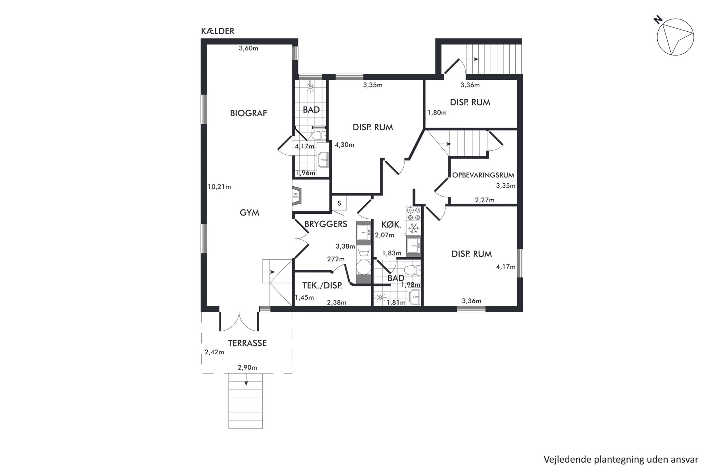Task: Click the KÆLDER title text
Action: click(x=217, y=31)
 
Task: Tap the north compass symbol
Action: click(x=675, y=37)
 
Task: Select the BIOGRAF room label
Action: click(x=249, y=113)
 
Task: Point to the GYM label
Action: click(x=249, y=213)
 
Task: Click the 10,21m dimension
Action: click(x=219, y=187)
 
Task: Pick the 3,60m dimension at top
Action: click(x=249, y=48)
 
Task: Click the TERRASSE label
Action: click(x=247, y=343)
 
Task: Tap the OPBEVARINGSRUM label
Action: click(x=483, y=175)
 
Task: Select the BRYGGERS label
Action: click(x=326, y=224)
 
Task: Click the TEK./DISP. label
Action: click(x=322, y=286)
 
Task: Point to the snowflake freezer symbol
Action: click(x=414, y=228)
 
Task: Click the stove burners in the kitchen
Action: click(x=414, y=213)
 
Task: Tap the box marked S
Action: click(x=339, y=203)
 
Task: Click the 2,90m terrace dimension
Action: click(x=247, y=368)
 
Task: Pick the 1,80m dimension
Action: click(x=437, y=113)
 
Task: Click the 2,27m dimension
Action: click(x=485, y=200)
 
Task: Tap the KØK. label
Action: click(x=391, y=225)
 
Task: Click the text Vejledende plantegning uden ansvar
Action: click(x=621, y=459)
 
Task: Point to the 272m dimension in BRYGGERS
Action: click(x=336, y=259)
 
